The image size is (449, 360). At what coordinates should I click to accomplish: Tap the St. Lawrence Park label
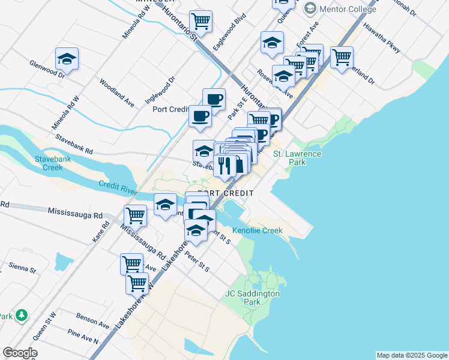pos(297,158)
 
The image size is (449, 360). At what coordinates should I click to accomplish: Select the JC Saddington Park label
pos(252,298)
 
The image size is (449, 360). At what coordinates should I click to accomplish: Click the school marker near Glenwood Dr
pos(67,59)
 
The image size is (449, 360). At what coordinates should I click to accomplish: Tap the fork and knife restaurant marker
pos(224,164)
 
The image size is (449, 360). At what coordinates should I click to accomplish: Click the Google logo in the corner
pos(20,353)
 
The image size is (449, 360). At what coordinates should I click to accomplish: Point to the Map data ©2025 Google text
pos(412,355)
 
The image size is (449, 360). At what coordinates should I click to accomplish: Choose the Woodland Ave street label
pos(117,92)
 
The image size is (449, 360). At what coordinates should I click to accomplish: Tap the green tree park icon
pos(22,314)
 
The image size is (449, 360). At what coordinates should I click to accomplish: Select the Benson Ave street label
pos(93,320)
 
